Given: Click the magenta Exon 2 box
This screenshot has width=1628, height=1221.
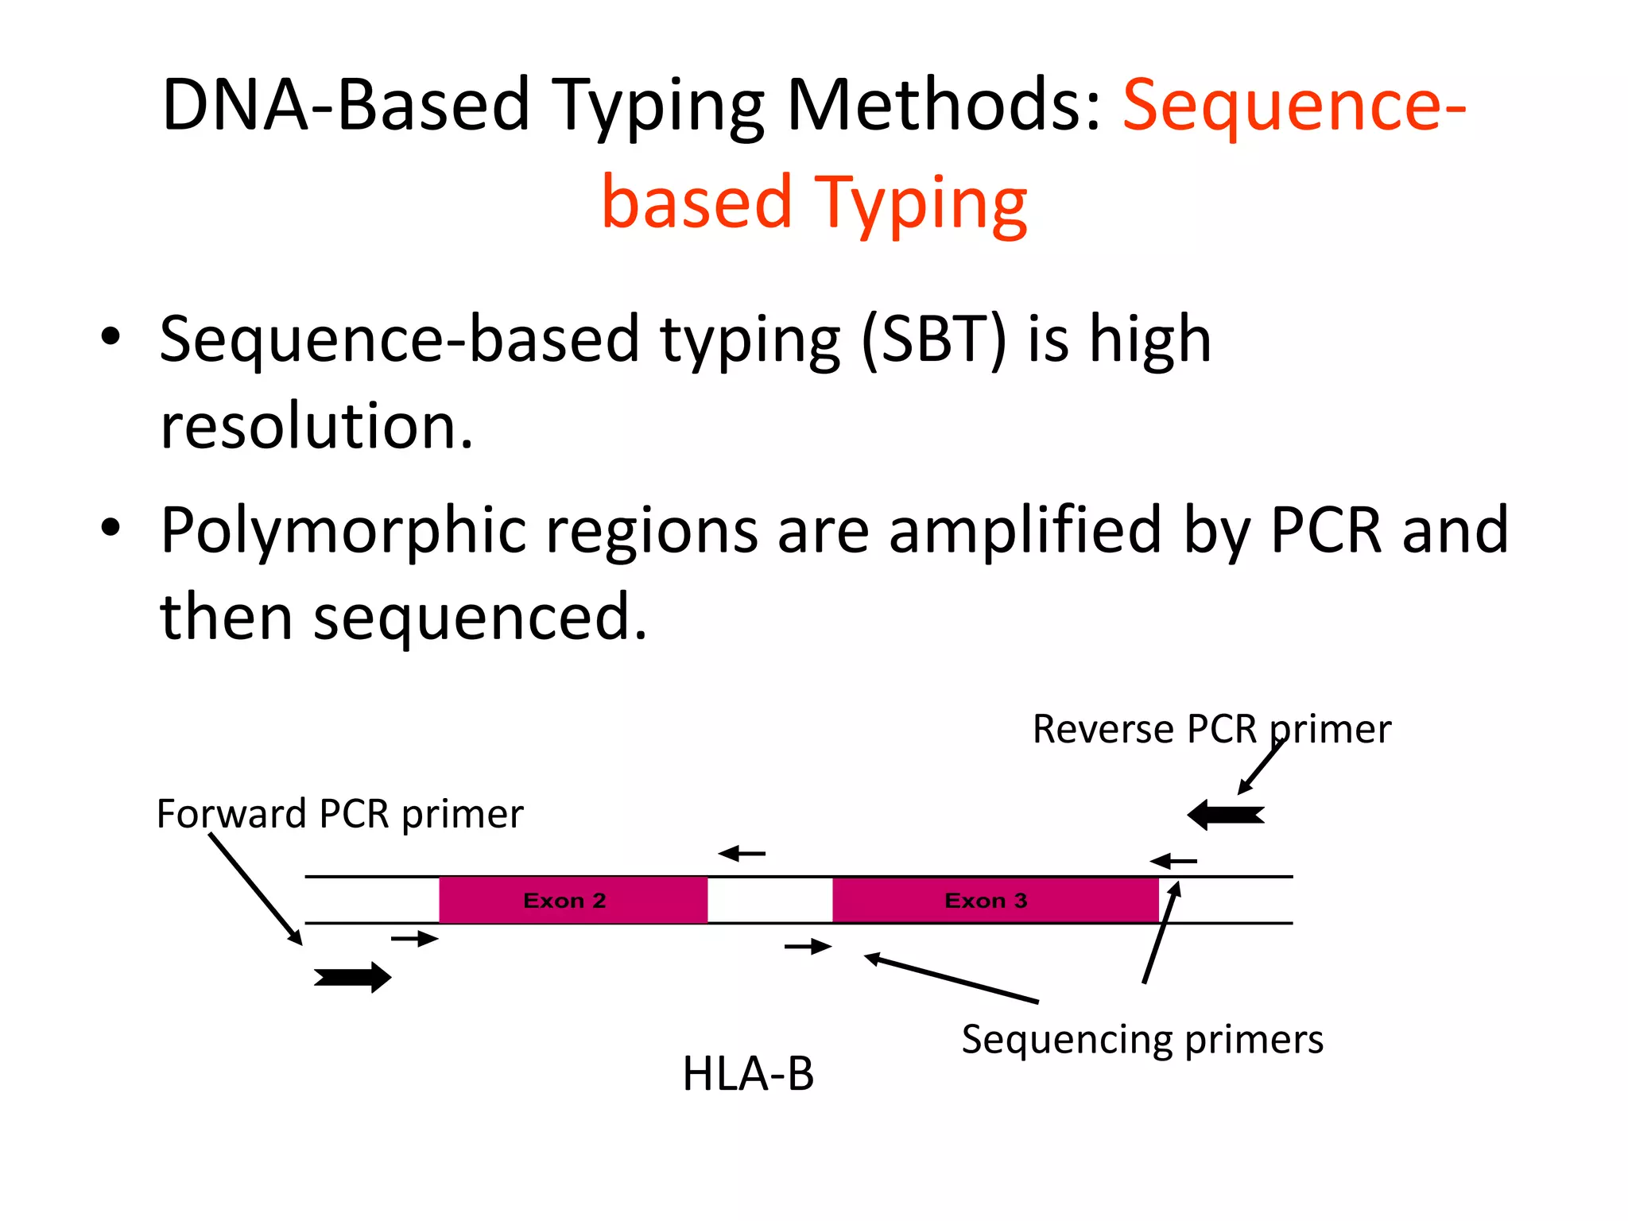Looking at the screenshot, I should pos(572,900).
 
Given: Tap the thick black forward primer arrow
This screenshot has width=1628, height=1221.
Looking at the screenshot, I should pos(353,977).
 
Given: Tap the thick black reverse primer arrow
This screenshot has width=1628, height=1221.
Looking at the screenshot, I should pos(1225,815).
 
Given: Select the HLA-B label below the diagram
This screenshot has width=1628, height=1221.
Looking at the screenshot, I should pos(748,1074).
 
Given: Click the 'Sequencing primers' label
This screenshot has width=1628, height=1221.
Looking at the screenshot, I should pos(1142,1039).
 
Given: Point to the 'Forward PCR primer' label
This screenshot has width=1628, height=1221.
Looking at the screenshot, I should pos(339,814).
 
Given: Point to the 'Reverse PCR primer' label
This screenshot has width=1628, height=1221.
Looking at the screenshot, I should pos(1211,729).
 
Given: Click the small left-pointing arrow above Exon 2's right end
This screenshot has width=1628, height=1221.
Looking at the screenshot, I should pos(741,854).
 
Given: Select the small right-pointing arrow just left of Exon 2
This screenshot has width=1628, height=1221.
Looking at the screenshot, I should pos(414,940).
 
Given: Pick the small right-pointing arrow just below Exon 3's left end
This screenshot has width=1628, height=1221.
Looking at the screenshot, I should pos(808,947).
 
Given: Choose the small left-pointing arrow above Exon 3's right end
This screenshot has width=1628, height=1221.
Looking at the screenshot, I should pos(1173,861).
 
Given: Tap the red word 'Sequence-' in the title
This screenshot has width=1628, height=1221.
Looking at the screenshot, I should pos(1293,106).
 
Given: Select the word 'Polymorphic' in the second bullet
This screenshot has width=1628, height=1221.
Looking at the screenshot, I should pos(343,531).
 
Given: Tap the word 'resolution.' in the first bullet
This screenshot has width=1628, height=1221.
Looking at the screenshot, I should pos(316,427).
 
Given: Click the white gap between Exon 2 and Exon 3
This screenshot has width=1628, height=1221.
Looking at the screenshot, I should pos(769,900).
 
